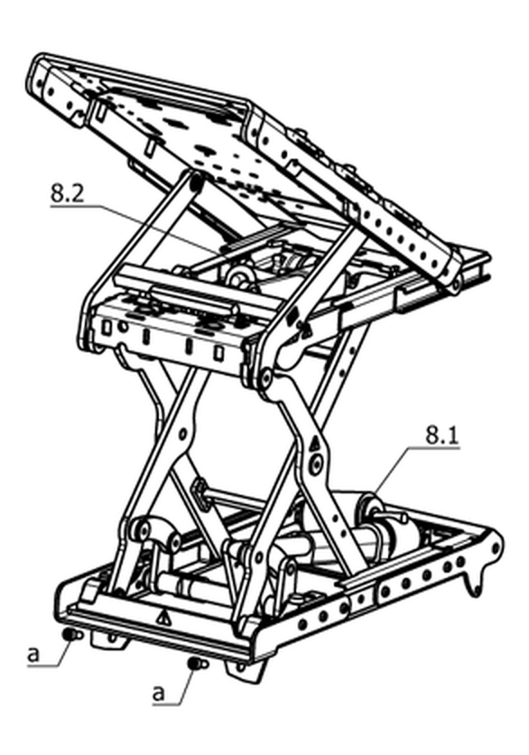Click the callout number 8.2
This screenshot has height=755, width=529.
[x=67, y=193]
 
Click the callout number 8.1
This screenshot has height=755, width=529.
[x=441, y=436]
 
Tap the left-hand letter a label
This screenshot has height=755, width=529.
[x=33, y=655]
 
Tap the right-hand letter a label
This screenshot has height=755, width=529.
[x=158, y=693]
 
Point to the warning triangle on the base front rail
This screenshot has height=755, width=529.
[x=165, y=617]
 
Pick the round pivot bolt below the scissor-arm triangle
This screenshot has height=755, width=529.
[x=316, y=463]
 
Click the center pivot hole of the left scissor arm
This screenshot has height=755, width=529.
[x=183, y=434]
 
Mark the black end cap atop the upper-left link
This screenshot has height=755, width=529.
[x=195, y=183]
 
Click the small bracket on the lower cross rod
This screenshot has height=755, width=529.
[x=200, y=494]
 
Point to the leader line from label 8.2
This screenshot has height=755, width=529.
[x=139, y=228]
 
